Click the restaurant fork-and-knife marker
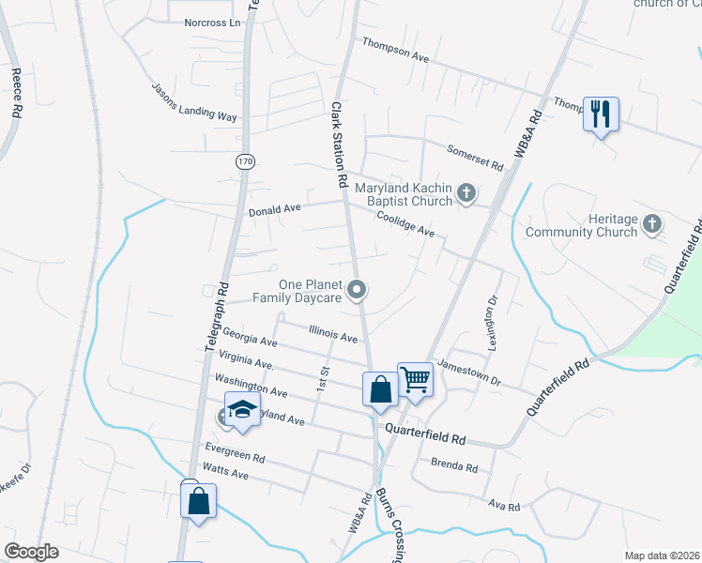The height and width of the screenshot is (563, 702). (x=599, y=114)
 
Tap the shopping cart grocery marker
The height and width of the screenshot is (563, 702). (x=415, y=380)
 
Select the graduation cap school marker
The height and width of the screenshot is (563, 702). (x=242, y=409)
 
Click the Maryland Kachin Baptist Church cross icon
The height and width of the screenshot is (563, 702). (x=466, y=194)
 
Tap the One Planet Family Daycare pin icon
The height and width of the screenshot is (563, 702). (x=357, y=291)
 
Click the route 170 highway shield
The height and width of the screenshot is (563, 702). (x=245, y=161)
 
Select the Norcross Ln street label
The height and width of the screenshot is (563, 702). (x=212, y=22)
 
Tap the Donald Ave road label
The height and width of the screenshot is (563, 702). (x=273, y=210)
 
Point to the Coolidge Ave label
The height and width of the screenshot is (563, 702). (x=404, y=223)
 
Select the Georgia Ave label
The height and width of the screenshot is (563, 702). (x=251, y=338)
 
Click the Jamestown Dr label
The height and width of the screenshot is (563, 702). (x=470, y=375)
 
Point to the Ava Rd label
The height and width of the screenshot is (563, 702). (x=503, y=505)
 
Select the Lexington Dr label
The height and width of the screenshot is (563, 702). (x=489, y=325)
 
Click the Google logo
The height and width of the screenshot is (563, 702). (x=31, y=552)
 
